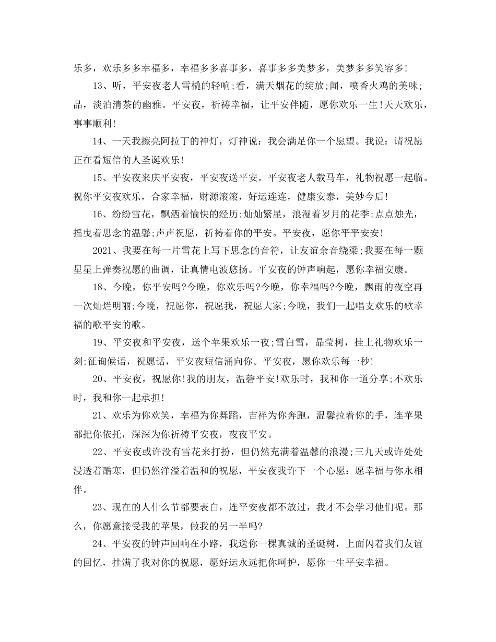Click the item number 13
click(99, 86)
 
